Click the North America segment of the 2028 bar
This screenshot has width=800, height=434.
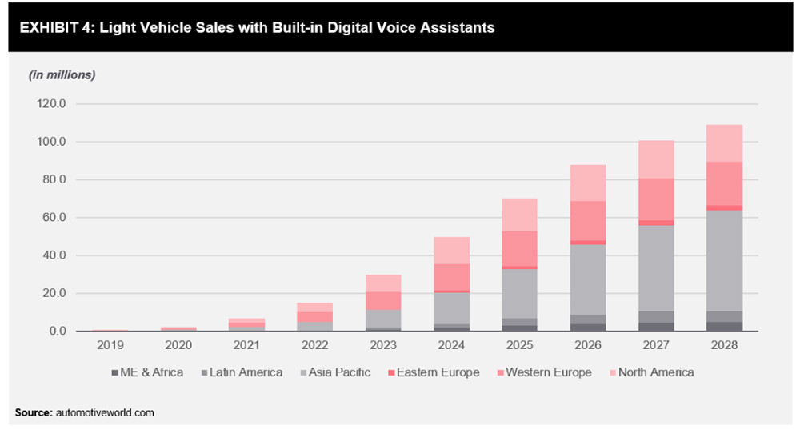(x=726, y=143)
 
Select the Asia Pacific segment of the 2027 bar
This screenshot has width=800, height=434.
(x=656, y=268)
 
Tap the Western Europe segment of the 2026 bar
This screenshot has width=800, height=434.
(x=587, y=220)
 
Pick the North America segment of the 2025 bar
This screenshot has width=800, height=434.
(x=518, y=215)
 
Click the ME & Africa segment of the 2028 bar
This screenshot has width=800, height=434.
(x=726, y=326)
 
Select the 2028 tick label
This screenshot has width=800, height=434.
(x=726, y=345)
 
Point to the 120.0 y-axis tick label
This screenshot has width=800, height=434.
(x=53, y=104)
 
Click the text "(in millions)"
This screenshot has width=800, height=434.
(x=62, y=74)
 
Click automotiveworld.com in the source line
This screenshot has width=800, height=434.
(x=105, y=412)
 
